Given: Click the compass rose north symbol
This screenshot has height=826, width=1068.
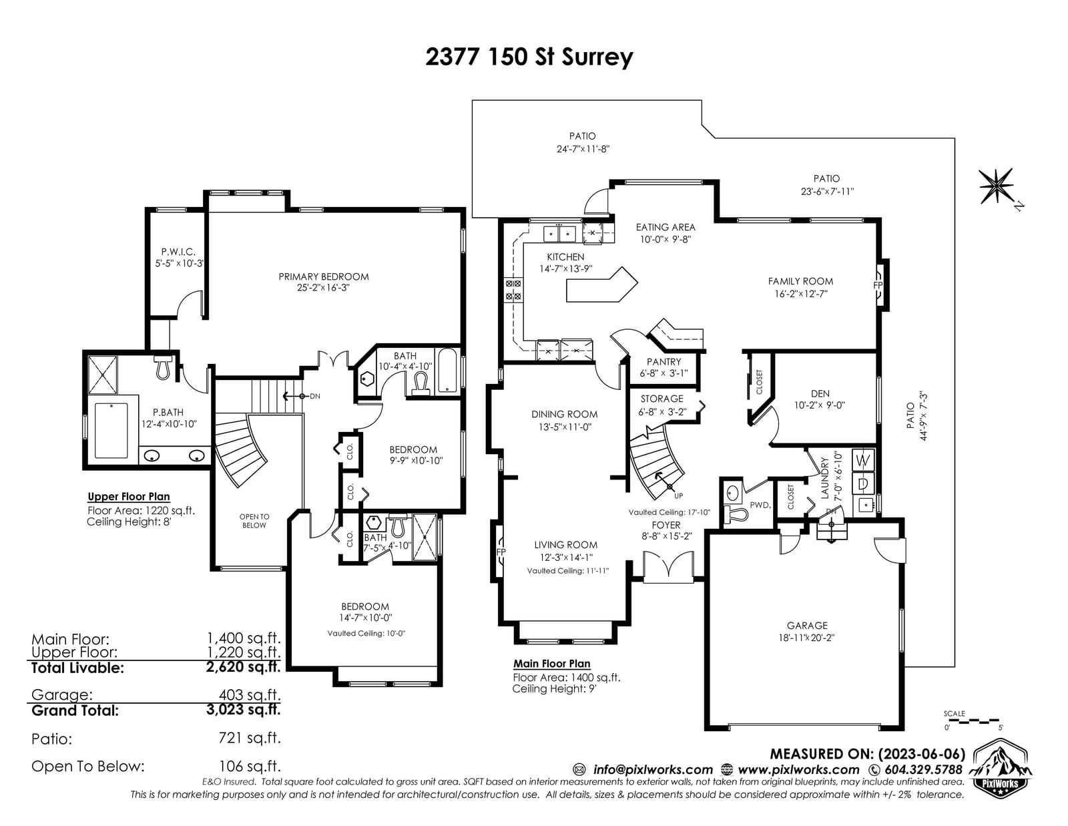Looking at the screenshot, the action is click(996, 186).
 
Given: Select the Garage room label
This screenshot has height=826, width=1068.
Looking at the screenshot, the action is click(807, 626).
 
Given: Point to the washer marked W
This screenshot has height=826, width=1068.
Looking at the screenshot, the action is click(863, 461).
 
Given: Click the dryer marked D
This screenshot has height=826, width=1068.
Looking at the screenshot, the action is click(863, 484).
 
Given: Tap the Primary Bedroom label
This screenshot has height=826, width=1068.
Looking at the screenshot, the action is click(323, 277).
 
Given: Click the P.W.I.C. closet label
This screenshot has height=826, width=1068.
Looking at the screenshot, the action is click(178, 252).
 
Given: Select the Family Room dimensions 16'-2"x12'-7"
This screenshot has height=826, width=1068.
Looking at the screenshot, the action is click(800, 294).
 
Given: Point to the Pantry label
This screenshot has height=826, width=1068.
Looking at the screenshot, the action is click(663, 361).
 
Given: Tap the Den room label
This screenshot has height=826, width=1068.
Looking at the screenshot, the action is click(820, 393).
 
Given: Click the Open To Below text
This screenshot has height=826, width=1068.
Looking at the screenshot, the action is click(254, 521).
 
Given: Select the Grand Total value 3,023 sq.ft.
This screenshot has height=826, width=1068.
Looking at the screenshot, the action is click(243, 709).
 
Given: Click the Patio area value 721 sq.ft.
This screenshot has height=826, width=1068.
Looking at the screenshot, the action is click(250, 737).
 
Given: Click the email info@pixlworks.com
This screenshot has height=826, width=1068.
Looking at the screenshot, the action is click(653, 769).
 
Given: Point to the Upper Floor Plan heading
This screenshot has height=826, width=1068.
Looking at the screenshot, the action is click(129, 497).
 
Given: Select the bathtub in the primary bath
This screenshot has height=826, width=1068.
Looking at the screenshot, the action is click(111, 430).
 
